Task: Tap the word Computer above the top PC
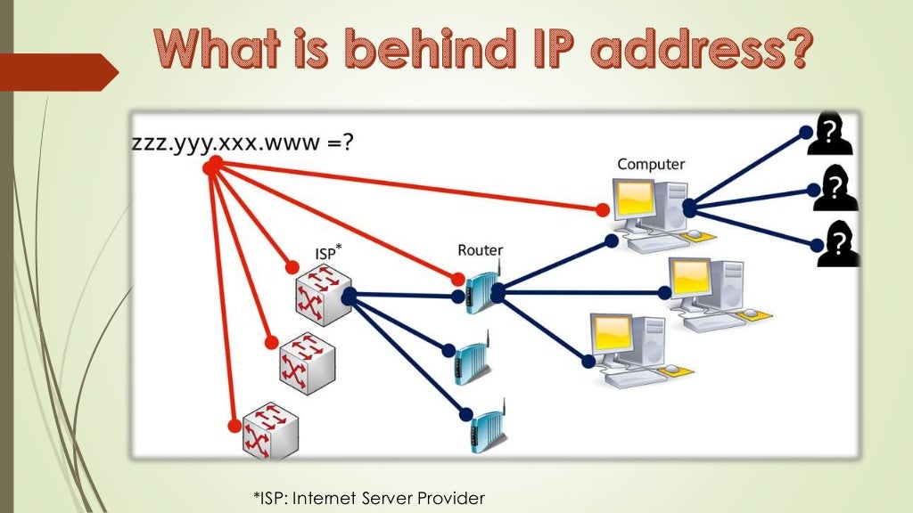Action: pyautogui.click(x=651, y=164)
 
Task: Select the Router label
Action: pyautogui.click(x=480, y=250)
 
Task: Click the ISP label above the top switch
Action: pyautogui.click(x=327, y=254)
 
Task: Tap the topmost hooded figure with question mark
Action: pyautogui.click(x=830, y=136)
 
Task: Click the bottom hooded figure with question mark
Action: pyautogui.click(x=839, y=243)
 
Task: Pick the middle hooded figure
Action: pyautogui.click(x=835, y=188)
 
